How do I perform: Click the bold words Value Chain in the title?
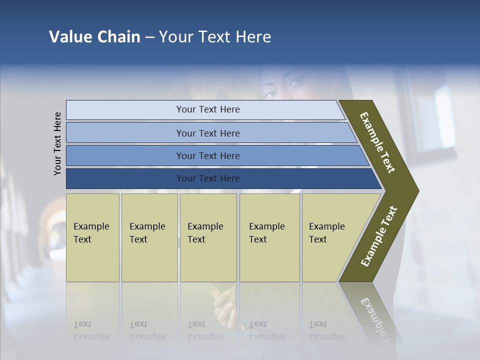(x=94, y=37)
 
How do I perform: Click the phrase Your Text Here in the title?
(x=215, y=37)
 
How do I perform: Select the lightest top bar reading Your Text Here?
(x=207, y=109)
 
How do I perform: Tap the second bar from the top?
(x=207, y=133)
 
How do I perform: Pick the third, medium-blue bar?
(x=207, y=155)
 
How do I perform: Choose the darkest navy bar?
(x=207, y=178)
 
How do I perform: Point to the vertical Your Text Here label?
(x=57, y=143)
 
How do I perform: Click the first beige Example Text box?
(x=92, y=237)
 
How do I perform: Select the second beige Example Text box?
(x=149, y=237)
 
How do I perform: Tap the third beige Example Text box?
(x=207, y=237)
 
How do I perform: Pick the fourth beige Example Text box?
(x=269, y=237)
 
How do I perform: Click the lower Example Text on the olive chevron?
(x=378, y=236)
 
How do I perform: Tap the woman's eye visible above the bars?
(x=270, y=92)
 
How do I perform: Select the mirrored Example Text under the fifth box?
(x=326, y=330)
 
